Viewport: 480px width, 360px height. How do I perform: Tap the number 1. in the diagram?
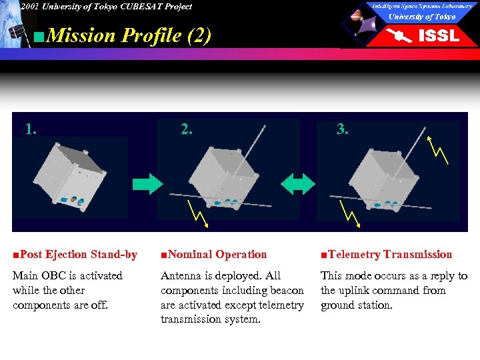[31, 129]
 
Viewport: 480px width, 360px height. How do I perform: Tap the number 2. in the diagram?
[187, 129]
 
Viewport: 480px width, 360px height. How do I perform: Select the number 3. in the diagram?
[342, 129]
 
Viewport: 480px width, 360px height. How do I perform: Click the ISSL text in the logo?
[438, 36]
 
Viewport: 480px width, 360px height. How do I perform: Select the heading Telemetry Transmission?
[386, 254]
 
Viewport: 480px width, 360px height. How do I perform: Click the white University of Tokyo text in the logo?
[422, 17]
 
